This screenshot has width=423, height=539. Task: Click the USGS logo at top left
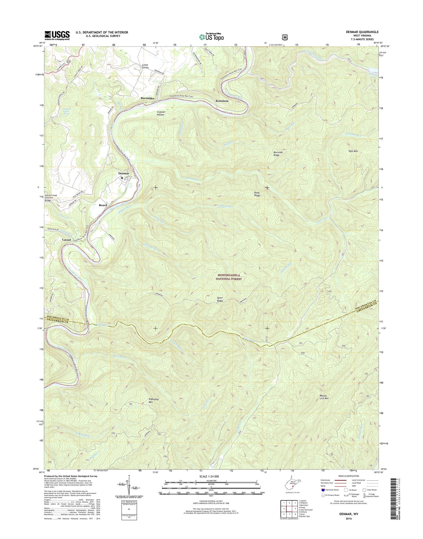57,35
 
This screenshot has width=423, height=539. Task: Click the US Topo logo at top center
211,37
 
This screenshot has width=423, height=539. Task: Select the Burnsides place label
147,98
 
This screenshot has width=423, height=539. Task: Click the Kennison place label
222,101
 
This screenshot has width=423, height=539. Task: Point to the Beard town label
103,205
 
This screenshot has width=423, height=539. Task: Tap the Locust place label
66,240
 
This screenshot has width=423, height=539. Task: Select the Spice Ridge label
220,299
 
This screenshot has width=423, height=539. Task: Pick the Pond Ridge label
257,194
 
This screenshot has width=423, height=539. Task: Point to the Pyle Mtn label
353,151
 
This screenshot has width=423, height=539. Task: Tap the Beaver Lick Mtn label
324,397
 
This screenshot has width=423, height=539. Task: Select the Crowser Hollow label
161,113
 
